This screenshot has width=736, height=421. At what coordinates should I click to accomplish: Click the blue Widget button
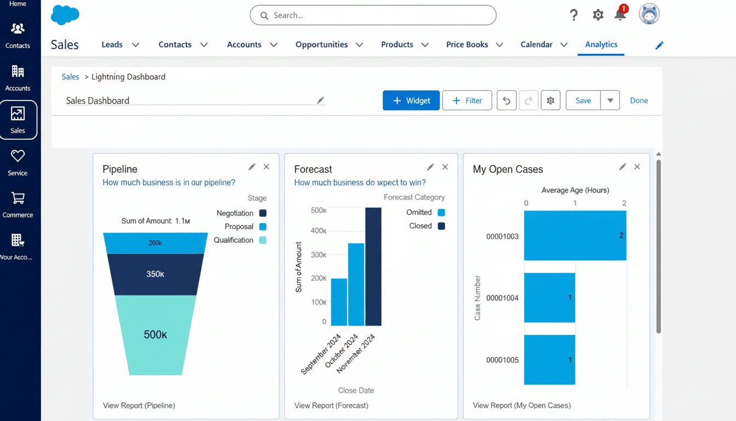click(411, 101)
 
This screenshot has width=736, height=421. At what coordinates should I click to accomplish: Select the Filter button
click(467, 101)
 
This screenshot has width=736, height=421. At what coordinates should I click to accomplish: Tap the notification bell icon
click(620, 15)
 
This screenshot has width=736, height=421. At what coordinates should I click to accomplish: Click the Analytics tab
click(601, 45)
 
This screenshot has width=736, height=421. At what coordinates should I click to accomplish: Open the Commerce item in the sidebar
click(18, 204)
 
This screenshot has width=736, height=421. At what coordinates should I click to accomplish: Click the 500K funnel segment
click(155, 334)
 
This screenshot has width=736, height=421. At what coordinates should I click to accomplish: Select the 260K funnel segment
click(155, 243)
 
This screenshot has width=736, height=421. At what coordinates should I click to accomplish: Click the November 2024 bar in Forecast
click(373, 266)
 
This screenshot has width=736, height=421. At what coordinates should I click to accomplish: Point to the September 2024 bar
click(339, 302)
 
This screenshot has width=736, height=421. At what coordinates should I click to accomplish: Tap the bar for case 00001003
click(574, 236)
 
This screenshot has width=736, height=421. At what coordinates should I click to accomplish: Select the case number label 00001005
click(502, 360)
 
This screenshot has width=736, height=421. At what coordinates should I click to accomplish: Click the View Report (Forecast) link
click(331, 406)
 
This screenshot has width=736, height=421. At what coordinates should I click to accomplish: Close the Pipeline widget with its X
click(266, 167)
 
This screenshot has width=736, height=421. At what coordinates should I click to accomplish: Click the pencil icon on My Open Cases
click(622, 167)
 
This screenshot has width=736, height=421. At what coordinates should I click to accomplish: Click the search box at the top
click(372, 15)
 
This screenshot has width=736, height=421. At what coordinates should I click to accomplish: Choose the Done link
click(639, 101)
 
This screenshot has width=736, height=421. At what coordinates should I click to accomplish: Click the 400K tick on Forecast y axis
click(318, 231)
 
